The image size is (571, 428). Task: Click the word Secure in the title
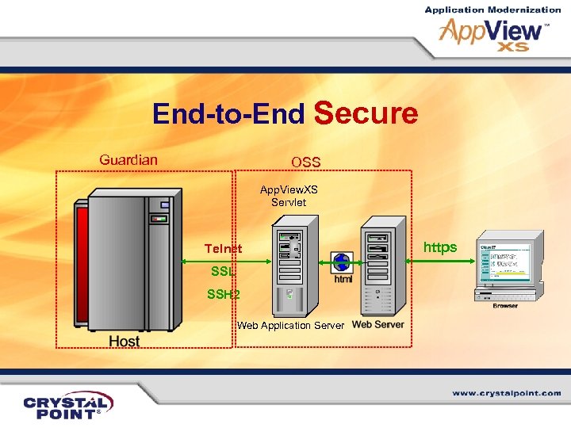366,114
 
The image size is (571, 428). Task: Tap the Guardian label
128,160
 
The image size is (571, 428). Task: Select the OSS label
305,162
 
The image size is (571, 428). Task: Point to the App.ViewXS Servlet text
289,196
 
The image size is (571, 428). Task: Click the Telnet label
223,249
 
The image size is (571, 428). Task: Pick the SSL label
223,271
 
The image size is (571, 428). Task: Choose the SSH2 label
223,294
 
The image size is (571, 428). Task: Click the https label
440,247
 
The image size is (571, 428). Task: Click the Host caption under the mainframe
124,341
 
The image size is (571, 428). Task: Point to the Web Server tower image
378,269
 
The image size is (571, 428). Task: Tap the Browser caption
505,305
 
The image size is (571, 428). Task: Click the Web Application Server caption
291,326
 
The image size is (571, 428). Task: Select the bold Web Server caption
378,325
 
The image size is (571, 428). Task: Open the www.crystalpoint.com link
507,393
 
